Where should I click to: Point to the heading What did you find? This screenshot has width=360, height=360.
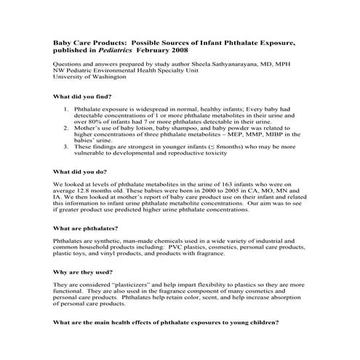click(84, 97)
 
